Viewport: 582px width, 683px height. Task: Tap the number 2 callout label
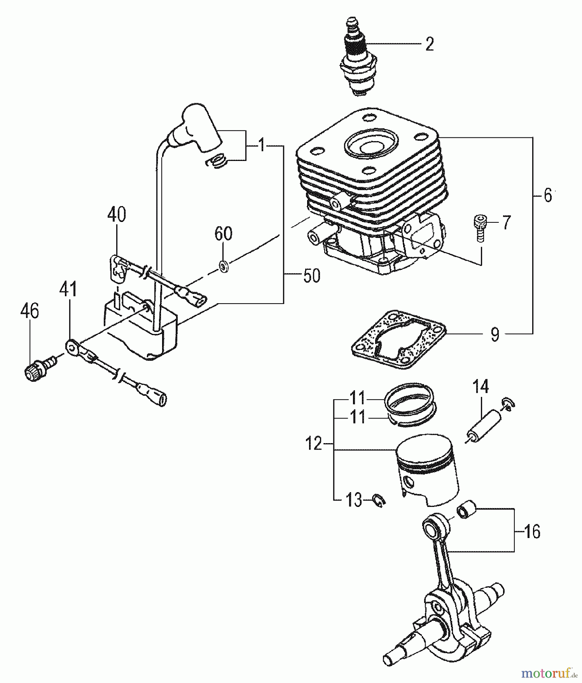pos(429,44)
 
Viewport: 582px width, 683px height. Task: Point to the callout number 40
pos(117,215)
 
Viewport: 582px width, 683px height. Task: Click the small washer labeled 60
pos(224,266)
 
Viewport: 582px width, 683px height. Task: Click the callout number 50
pos(312,276)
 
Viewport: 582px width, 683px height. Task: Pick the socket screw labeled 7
pos(480,227)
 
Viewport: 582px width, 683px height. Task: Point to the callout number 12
pos(314,444)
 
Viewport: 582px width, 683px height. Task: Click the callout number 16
pos(532,532)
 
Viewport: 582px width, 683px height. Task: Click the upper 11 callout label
pos(357,398)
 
